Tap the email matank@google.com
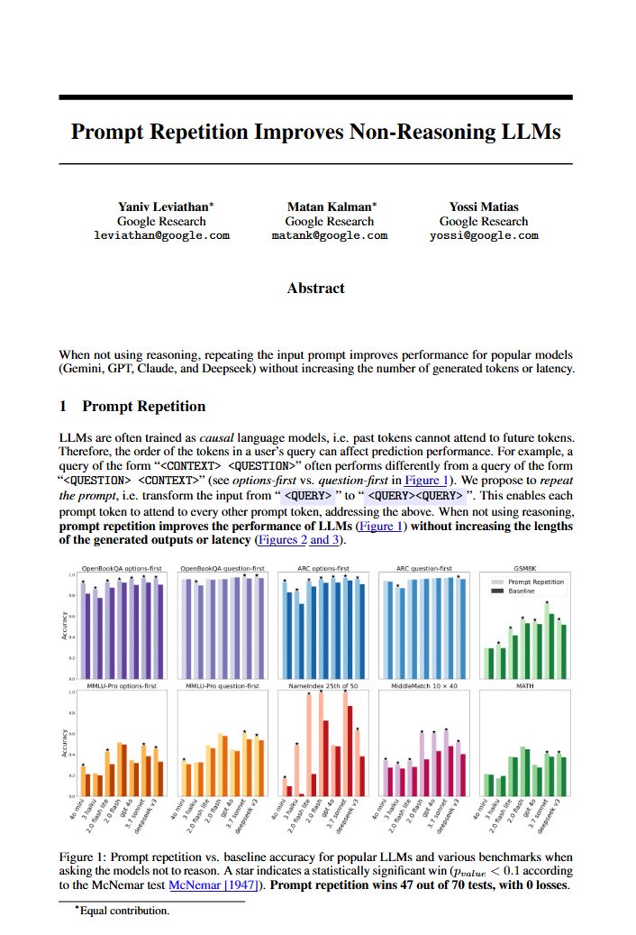[x=330, y=235]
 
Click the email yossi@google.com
[x=484, y=235]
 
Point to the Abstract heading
[x=315, y=289]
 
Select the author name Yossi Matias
[x=484, y=206]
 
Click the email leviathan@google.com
[x=162, y=235]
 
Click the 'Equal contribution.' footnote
[x=124, y=911]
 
